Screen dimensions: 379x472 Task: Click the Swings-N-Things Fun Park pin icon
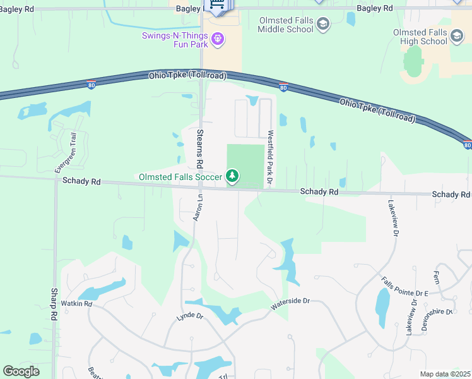pyautogui.click(x=218, y=39)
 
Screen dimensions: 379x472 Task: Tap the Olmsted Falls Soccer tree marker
pyautogui.click(x=233, y=176)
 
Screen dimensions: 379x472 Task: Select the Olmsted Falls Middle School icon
pyautogui.click(x=323, y=25)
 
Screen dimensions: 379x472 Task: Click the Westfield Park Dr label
pyautogui.click(x=270, y=158)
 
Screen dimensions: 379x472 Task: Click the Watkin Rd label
pyautogui.click(x=77, y=304)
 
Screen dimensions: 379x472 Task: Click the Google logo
pyautogui.click(x=21, y=371)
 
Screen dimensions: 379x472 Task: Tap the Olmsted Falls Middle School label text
pyautogui.click(x=286, y=25)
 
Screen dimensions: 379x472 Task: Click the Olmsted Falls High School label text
pyautogui.click(x=420, y=37)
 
